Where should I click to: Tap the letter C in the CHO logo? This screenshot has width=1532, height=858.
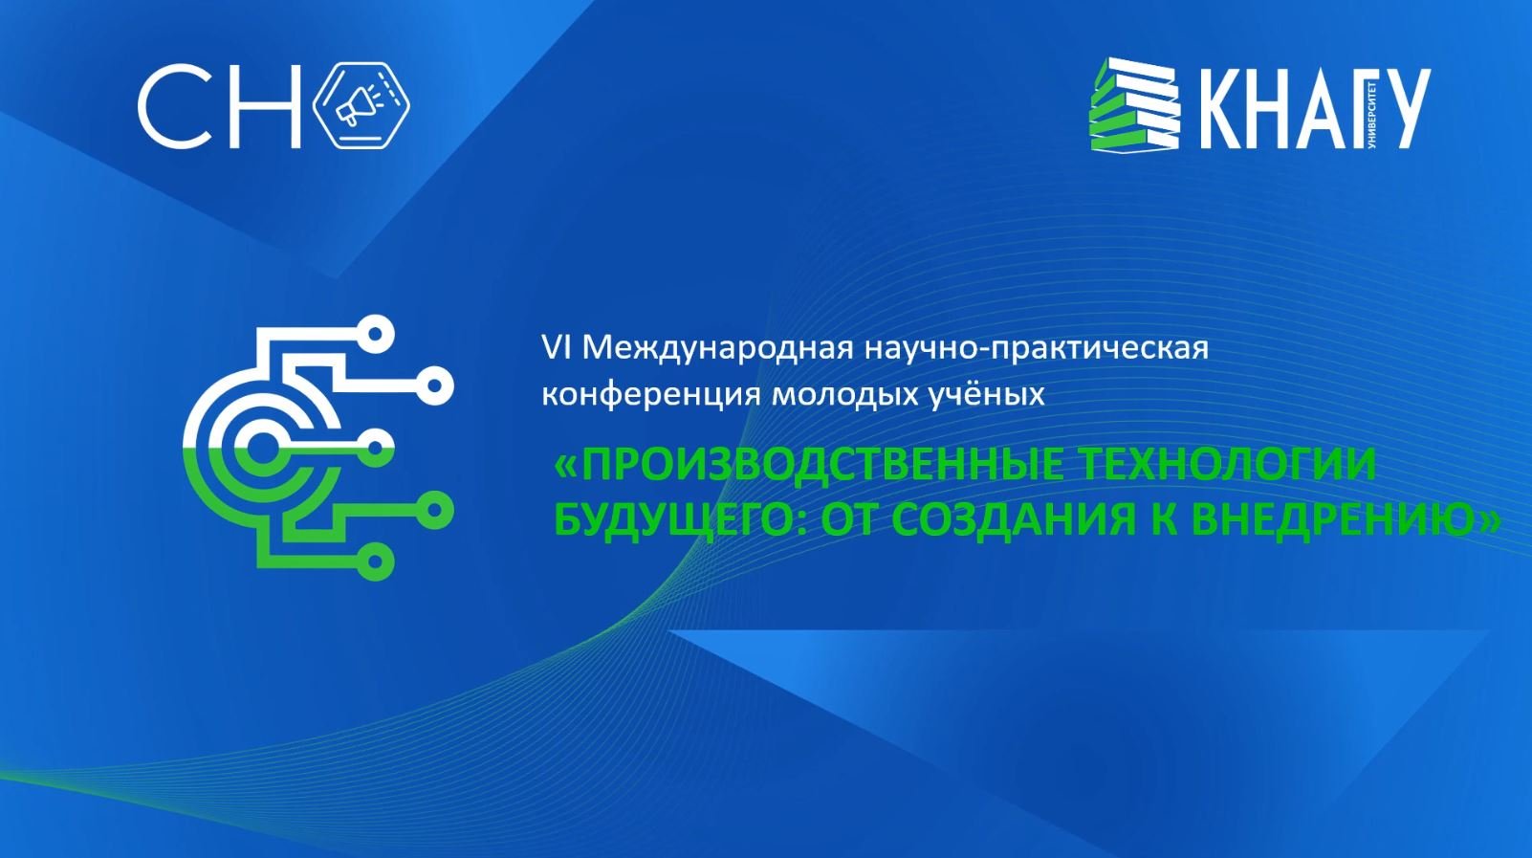point(173,106)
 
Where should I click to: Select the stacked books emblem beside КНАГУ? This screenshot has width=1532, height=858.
point(1135,104)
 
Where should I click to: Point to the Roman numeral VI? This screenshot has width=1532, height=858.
point(556,347)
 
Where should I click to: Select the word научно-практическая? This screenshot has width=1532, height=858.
point(1037,347)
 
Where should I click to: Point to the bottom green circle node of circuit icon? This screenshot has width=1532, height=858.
point(376,561)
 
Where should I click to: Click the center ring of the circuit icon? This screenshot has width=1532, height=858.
point(259,446)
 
